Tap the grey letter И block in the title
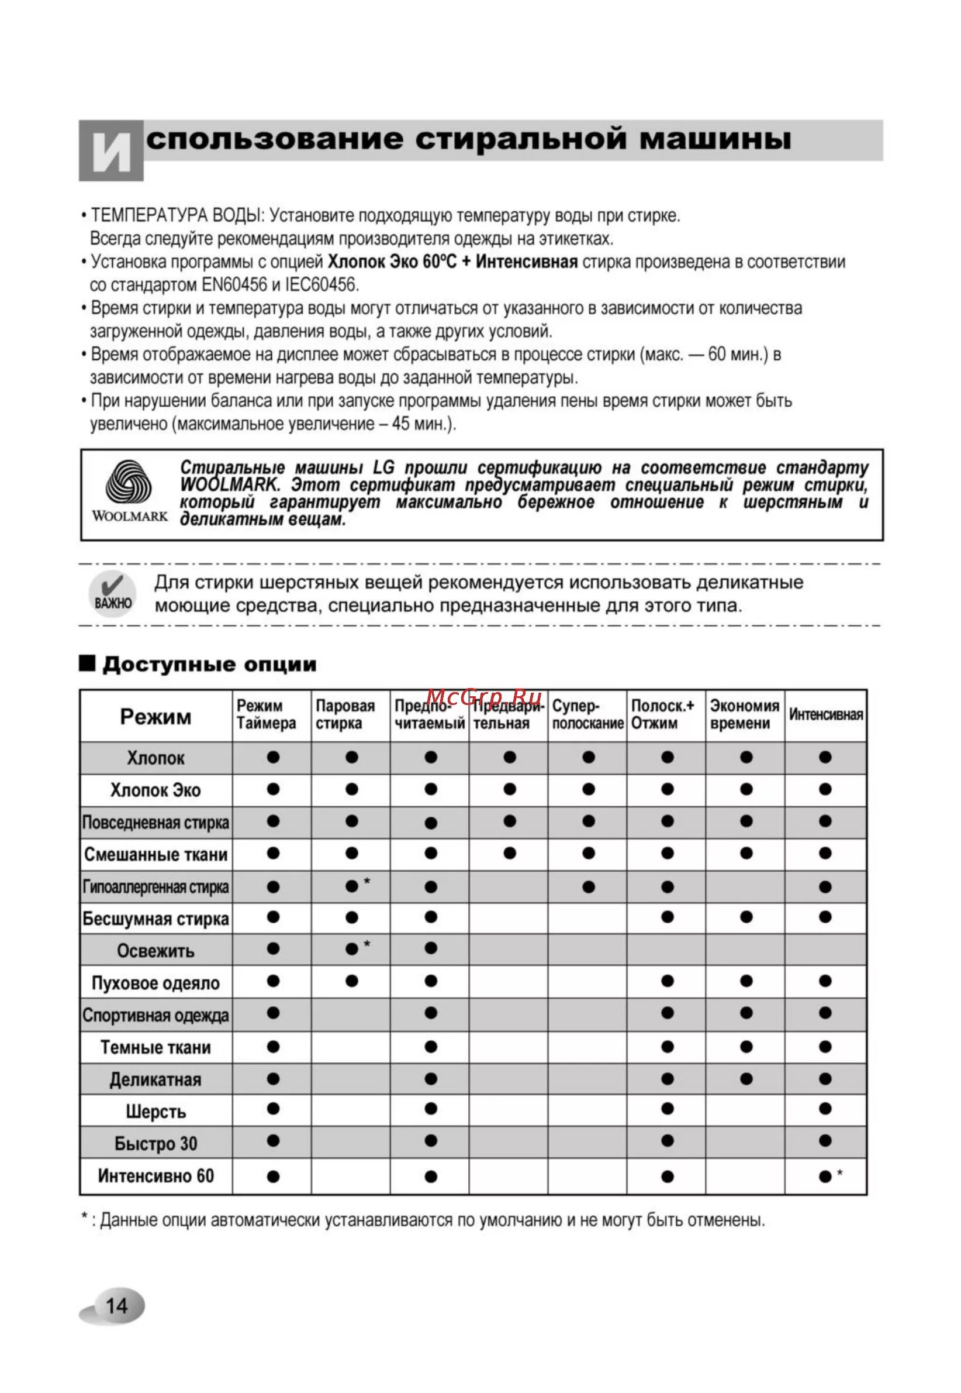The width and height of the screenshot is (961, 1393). click(x=112, y=150)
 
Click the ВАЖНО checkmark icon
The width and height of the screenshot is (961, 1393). click(x=112, y=594)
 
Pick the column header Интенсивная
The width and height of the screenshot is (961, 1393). click(x=825, y=714)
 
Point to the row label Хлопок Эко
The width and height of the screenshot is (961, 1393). click(x=155, y=790)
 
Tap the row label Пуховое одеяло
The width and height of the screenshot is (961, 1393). click(x=155, y=983)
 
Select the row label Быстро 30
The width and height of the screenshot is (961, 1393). click(x=155, y=1144)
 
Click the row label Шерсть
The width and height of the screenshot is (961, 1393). click(x=155, y=1112)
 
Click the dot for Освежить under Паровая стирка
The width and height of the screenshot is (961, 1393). click(x=352, y=950)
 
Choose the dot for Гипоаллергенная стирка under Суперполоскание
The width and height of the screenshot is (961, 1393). click(x=588, y=887)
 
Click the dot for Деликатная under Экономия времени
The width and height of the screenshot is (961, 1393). click(x=746, y=1079)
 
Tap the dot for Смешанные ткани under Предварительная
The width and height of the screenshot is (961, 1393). click(x=509, y=853)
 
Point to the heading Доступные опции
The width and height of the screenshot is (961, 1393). click(x=209, y=665)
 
